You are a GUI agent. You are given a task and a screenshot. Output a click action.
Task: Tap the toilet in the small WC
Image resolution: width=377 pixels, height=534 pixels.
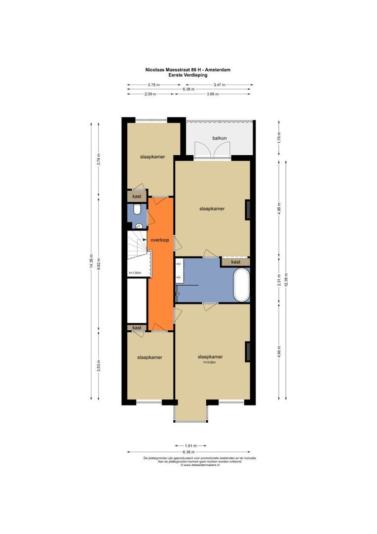pos(137,209)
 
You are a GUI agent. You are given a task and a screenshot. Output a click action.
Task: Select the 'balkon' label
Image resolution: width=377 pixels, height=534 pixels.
pos(219,138)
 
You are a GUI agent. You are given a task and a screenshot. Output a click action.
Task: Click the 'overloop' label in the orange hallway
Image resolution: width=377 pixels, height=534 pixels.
pos(160,240)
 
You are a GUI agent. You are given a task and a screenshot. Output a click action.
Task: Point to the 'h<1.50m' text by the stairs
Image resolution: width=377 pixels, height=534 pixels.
pos(135,273)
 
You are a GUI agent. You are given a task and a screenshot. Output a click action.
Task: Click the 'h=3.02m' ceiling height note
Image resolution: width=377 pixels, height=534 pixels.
pos(209,362)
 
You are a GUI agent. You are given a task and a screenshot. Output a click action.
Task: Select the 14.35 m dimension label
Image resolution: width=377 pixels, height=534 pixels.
pos(91,261)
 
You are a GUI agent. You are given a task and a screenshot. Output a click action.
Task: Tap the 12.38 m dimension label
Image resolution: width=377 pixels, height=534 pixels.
pos(286,279)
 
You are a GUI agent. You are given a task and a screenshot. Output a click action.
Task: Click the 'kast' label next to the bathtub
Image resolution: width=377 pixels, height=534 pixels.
pos(235,262)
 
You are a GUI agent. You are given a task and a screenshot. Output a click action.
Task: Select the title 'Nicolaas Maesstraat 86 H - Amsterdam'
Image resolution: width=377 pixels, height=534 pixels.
pos(188,70)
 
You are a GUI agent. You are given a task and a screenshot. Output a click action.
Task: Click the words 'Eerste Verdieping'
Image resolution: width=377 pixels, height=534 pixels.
pos(188,75)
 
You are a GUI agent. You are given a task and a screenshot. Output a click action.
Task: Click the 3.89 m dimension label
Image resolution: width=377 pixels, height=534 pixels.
pos(213,94)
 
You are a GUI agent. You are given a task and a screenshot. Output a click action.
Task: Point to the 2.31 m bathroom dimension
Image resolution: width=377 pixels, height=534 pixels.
pos(279,280)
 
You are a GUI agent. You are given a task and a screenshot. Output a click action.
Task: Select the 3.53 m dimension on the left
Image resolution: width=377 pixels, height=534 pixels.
pos(99,365)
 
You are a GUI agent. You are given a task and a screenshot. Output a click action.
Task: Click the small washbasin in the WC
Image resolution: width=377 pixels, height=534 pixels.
pos(139,225)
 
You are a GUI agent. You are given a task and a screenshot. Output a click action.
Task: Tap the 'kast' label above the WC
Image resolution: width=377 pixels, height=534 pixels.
pos(137,196)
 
